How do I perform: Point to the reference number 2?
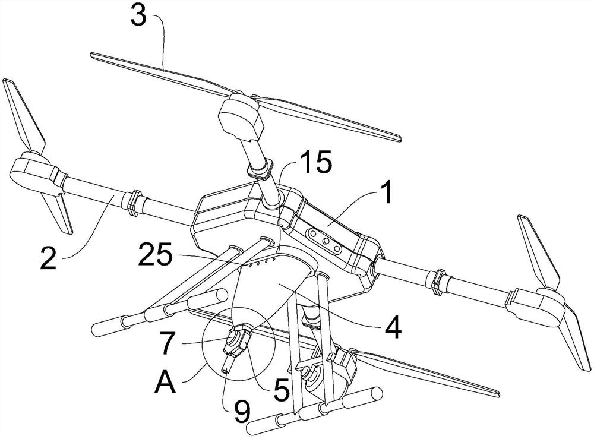(x=48, y=258)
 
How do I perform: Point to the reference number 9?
(x=241, y=411)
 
